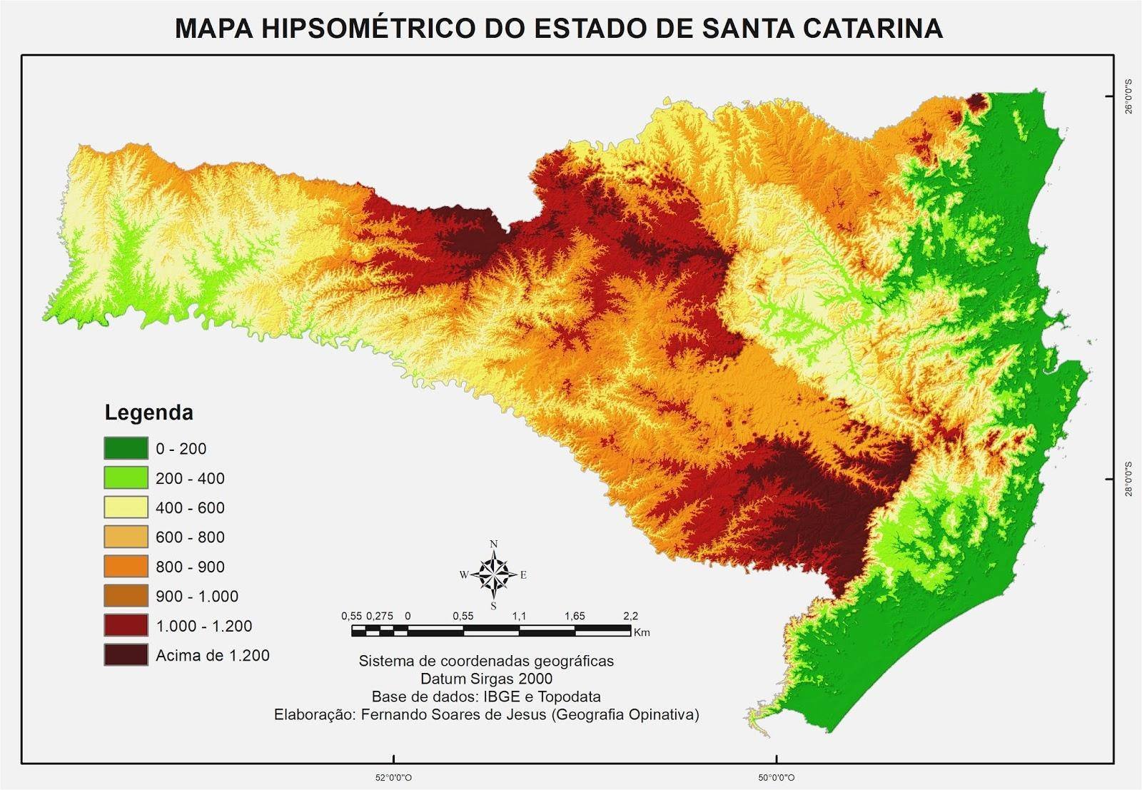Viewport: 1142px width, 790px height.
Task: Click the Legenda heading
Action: (148, 412)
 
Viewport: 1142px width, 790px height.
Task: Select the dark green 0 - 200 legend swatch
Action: (126, 448)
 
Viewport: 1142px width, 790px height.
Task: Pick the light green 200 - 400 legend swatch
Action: (126, 477)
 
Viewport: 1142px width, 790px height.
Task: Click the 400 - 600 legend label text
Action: (190, 507)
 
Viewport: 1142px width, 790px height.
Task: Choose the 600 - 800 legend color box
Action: (126, 537)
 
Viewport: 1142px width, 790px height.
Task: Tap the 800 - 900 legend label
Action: (190, 567)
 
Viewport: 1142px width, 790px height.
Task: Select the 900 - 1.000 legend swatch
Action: (126, 596)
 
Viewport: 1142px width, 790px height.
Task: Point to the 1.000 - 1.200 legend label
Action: (203, 626)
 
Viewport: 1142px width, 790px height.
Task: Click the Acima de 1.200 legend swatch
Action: (126, 655)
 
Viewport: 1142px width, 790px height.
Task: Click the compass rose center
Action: (494, 574)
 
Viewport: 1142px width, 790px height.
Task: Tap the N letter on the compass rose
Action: (494, 544)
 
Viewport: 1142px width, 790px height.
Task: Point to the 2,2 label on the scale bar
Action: (630, 616)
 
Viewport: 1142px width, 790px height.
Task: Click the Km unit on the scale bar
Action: (641, 632)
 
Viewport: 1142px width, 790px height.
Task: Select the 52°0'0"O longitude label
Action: (394, 777)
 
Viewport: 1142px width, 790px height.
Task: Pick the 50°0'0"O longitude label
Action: (777, 777)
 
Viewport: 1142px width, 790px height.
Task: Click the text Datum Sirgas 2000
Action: (486, 679)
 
